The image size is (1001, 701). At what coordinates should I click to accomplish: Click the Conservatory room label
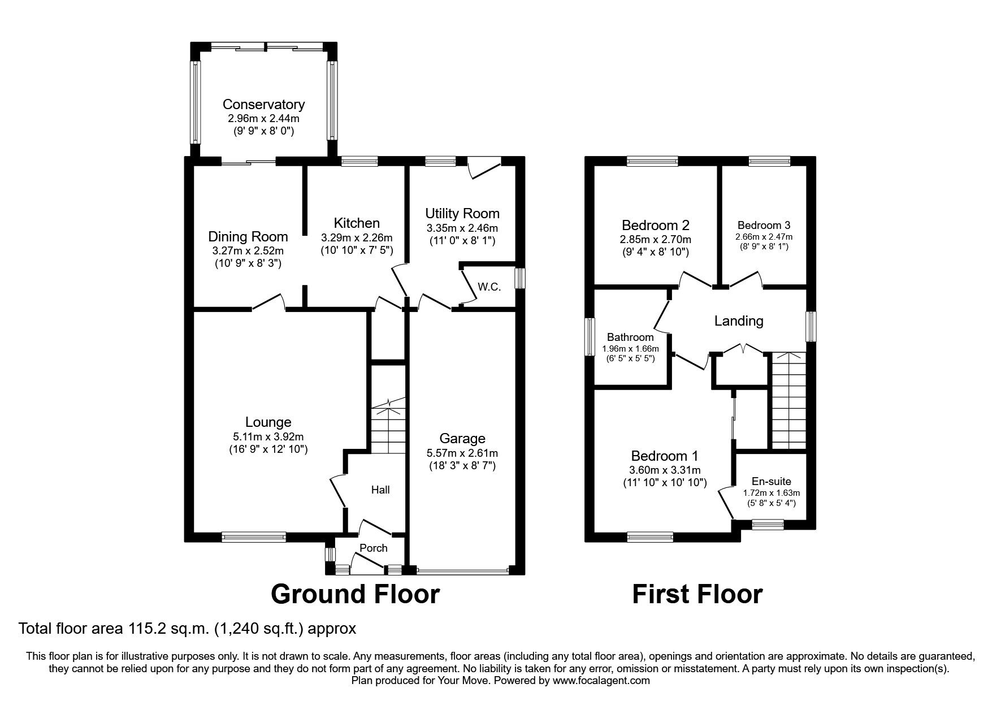pos(263,104)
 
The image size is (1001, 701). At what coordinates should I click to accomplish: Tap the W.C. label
pos(489,287)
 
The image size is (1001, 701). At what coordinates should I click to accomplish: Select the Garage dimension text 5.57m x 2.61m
pos(462,453)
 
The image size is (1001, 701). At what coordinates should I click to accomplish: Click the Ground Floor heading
pos(355,594)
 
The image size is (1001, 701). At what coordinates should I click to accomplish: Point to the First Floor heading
pos(697,594)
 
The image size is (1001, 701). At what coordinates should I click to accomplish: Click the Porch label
pos(374,548)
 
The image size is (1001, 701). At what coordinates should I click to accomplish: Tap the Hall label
pos(380,490)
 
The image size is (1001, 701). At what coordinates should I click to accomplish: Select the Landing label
pos(739,321)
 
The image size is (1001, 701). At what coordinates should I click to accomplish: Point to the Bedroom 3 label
pos(764,225)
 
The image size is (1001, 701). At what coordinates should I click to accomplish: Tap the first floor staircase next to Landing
pos(789,400)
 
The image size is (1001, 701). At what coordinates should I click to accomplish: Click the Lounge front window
pos(254,537)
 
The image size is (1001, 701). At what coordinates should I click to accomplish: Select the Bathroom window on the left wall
pos(590,337)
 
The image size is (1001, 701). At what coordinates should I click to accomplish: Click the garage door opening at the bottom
pos(462,570)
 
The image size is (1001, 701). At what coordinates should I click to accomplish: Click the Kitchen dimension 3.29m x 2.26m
pos(357,238)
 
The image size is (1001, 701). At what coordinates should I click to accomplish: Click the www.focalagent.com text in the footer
pos(601,681)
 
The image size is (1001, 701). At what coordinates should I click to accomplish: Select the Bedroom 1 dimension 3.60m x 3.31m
pos(665,470)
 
